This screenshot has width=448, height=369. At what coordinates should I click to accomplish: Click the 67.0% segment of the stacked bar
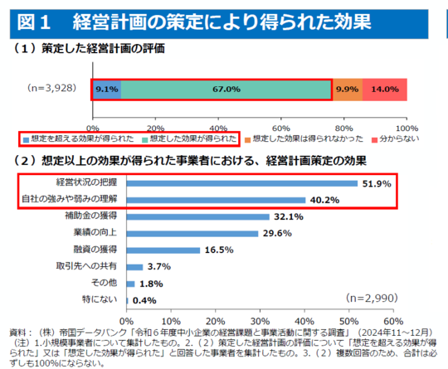click(x=226, y=89)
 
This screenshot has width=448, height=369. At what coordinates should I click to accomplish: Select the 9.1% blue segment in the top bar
click(x=106, y=89)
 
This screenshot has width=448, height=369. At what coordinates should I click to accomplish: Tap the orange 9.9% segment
click(x=347, y=89)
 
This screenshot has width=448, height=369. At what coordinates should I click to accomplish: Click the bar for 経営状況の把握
click(x=241, y=182)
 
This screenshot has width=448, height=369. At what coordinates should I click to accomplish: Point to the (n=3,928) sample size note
click(x=52, y=88)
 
